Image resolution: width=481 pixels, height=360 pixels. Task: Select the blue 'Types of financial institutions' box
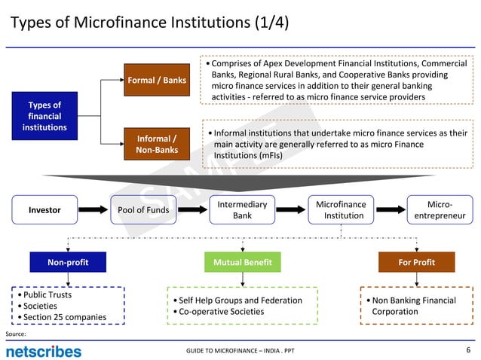pos(44,116)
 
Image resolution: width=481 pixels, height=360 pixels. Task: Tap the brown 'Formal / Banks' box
pos(157,81)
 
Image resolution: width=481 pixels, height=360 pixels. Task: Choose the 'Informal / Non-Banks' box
pos(157,144)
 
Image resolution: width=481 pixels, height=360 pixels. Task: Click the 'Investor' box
pos(44,210)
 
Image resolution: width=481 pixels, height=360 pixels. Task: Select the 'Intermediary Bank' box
pos(242,210)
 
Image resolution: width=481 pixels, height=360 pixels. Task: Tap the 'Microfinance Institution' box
pos(341,210)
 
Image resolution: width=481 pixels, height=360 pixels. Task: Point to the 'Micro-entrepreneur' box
pos(440,210)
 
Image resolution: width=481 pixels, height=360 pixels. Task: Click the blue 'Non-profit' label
pos(67,262)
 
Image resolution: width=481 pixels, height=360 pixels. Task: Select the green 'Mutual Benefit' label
pos(242,262)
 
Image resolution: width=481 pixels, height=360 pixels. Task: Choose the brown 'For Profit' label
pos(416,262)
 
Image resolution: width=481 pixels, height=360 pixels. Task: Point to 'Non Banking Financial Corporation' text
pos(413,306)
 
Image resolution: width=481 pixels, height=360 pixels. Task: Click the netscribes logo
pos(44,351)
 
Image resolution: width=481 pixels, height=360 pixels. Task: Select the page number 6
pos(468,350)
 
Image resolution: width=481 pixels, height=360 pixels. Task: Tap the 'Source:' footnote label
pos(16,333)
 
